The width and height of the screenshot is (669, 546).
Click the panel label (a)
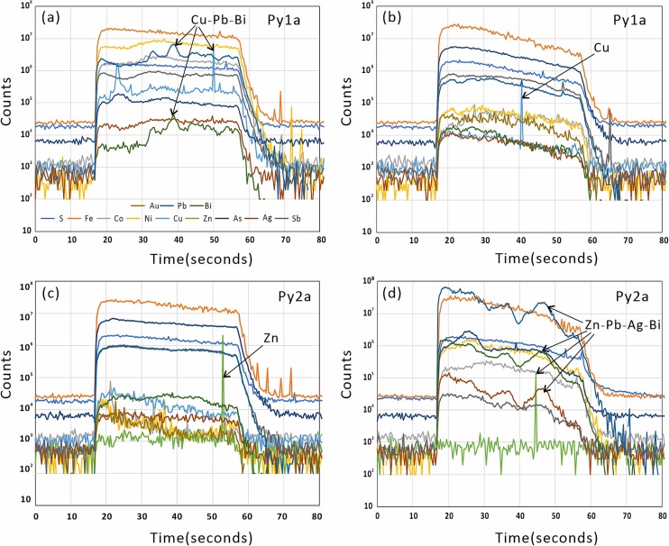tap(49, 18)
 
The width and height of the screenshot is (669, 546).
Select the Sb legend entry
tap(298, 219)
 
